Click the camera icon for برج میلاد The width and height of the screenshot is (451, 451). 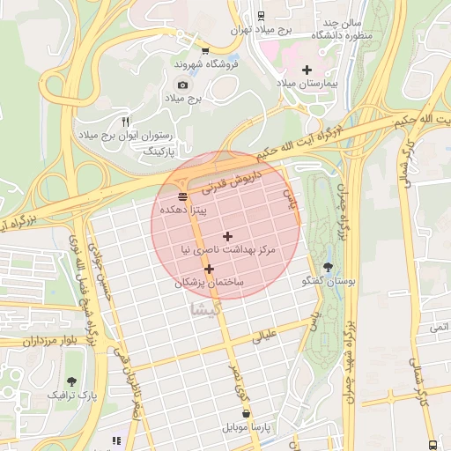pyautogui.click(x=182, y=85)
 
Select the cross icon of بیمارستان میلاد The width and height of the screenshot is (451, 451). pyautogui.click(x=307, y=69)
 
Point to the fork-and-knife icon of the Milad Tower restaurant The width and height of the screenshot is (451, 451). pyautogui.click(x=125, y=122)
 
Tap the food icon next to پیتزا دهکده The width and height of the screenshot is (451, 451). pyautogui.click(x=182, y=196)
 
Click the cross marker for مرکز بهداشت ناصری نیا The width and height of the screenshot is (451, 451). pyautogui.click(x=228, y=236)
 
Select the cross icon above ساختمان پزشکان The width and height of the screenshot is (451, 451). pyautogui.click(x=209, y=269)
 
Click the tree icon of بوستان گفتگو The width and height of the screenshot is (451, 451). pyautogui.click(x=329, y=266)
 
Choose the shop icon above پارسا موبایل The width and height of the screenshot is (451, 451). pyautogui.click(x=245, y=412)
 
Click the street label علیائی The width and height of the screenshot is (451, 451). pyautogui.click(x=265, y=335)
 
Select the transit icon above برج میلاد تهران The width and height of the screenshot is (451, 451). pyautogui.click(x=261, y=15)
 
